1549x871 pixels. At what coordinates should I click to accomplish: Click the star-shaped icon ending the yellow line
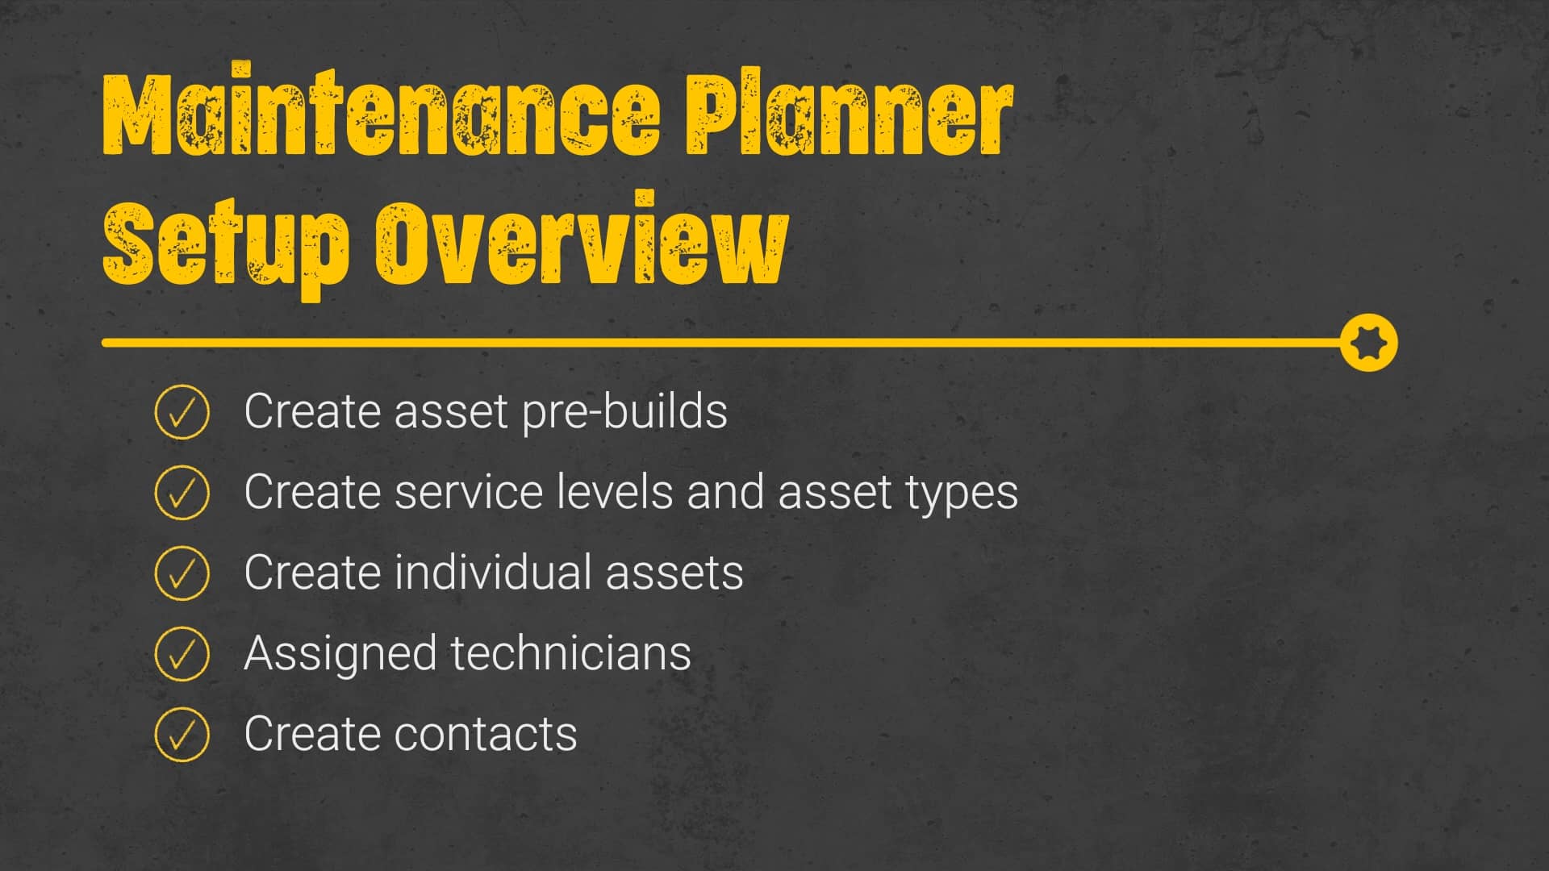coord(1368,343)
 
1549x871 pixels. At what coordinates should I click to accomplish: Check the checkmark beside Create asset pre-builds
coord(182,411)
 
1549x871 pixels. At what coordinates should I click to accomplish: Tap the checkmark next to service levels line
coord(182,492)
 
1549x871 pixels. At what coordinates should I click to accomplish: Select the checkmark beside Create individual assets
coord(182,573)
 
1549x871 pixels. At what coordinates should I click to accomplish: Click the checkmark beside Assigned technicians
coord(182,653)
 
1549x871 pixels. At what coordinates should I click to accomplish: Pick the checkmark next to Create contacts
coord(182,734)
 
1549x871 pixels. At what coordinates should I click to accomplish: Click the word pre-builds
coord(624,412)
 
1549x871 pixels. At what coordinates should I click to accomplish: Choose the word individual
coord(493,573)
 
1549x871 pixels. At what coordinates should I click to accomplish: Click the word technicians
coord(570,653)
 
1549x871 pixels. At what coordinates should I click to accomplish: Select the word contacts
coord(485,735)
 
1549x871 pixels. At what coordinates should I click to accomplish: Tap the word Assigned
coord(340,655)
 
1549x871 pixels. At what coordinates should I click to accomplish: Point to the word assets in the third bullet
coord(674,573)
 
